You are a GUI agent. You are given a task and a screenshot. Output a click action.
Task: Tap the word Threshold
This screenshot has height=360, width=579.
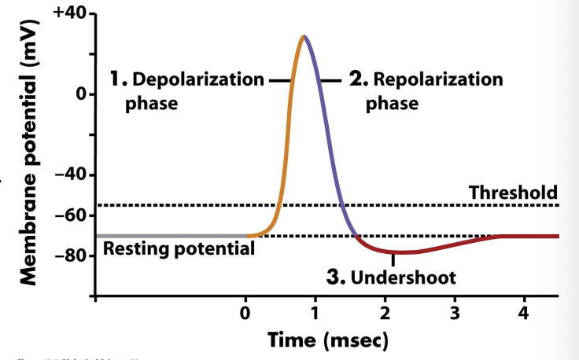click(513, 192)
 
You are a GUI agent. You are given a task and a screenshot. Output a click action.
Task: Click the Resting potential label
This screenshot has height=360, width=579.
click(179, 249)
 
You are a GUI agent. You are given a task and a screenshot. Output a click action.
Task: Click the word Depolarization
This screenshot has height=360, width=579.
click(197, 80)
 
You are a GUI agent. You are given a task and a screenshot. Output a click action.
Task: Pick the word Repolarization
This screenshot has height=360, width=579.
click(437, 80)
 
